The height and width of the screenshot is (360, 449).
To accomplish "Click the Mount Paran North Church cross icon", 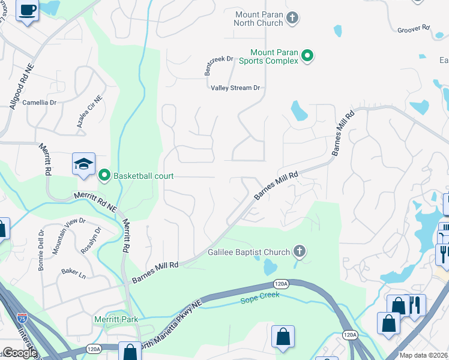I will point(292,18).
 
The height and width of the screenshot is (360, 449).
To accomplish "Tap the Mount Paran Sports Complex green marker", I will point(308,56).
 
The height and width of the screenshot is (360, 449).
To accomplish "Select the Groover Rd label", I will point(414,28).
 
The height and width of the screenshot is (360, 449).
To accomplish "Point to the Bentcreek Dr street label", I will point(219,65).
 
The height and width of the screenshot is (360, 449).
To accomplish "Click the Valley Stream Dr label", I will point(235,88).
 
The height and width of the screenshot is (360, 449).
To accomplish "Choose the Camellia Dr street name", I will point(39,103).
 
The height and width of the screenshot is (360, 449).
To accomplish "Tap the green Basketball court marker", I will point(104,175).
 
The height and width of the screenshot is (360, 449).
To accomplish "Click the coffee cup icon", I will point(28,10).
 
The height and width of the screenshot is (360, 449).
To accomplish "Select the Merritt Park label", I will point(116,319).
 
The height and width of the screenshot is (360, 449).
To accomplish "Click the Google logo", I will point(19,353).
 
